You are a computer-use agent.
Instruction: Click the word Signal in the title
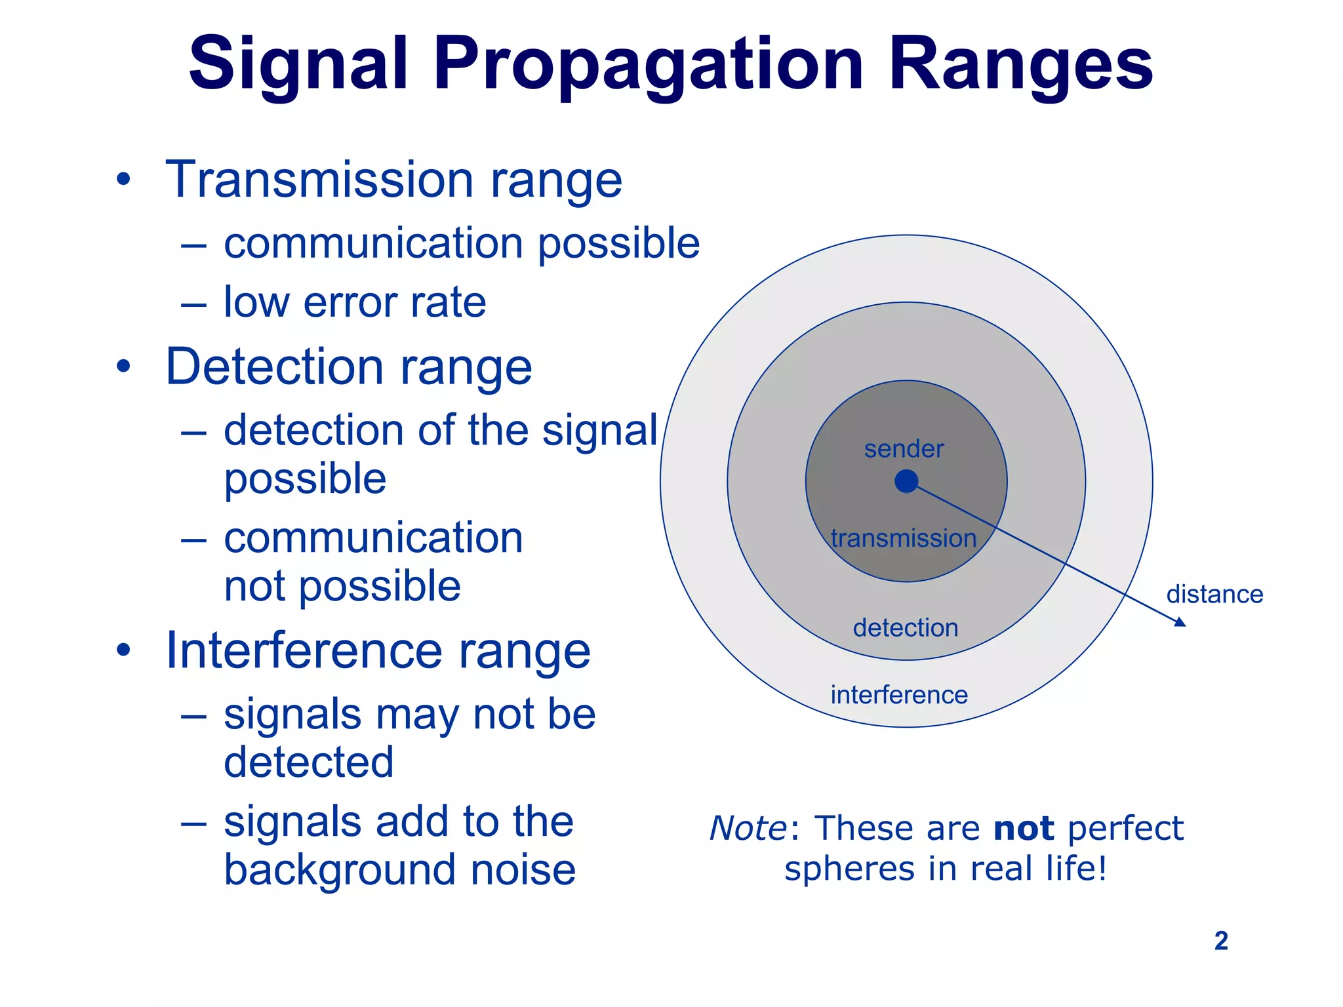pyautogui.click(x=299, y=64)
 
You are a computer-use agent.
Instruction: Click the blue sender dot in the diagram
pyautogui.click(x=906, y=481)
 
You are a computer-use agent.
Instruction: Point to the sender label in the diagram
pyautogui.click(x=904, y=449)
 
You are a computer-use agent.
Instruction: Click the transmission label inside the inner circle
pyautogui.click(x=904, y=538)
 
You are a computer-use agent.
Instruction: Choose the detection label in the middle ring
pyautogui.click(x=906, y=628)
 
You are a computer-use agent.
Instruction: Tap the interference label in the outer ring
pyautogui.click(x=899, y=695)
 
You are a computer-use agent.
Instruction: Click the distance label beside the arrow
pyautogui.click(x=1214, y=595)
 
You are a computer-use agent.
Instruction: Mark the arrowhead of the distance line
pyautogui.click(x=1180, y=622)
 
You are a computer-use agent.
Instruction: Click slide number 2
pyautogui.click(x=1220, y=941)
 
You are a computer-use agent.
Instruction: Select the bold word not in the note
pyautogui.click(x=1024, y=828)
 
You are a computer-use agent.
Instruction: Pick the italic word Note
pyautogui.click(x=748, y=828)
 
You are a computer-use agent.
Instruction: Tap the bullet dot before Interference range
pyautogui.click(x=123, y=650)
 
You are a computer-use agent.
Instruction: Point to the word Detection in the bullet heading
pyautogui.click(x=274, y=367)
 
